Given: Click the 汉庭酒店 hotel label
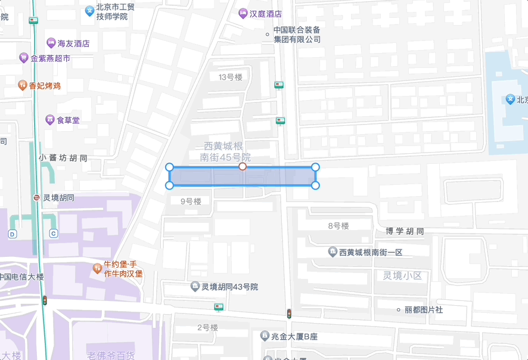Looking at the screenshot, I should (265, 14).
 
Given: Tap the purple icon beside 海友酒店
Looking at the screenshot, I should (51, 43).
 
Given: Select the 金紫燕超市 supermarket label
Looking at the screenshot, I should (50, 58).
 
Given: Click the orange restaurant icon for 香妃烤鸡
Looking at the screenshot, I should (23, 85).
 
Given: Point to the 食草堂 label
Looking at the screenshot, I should (68, 120).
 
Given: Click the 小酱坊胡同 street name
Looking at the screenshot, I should (63, 158).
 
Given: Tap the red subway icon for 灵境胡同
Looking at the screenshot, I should (37, 198).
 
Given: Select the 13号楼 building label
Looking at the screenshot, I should (231, 77).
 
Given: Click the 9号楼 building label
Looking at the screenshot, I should (191, 201).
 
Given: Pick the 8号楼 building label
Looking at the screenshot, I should (338, 226).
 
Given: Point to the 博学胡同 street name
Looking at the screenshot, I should (405, 231).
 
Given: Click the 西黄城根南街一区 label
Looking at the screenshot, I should (371, 252).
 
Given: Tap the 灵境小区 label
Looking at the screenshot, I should (402, 275).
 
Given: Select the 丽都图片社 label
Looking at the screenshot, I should (423, 310).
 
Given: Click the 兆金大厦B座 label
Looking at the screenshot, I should (294, 337).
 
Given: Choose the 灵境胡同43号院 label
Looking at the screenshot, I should (229, 287).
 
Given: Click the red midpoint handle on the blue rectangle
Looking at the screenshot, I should (243, 167).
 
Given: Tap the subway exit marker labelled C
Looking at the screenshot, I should (54, 234).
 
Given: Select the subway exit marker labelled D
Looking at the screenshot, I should (13, 234).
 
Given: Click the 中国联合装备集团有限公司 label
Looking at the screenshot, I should (297, 35).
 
